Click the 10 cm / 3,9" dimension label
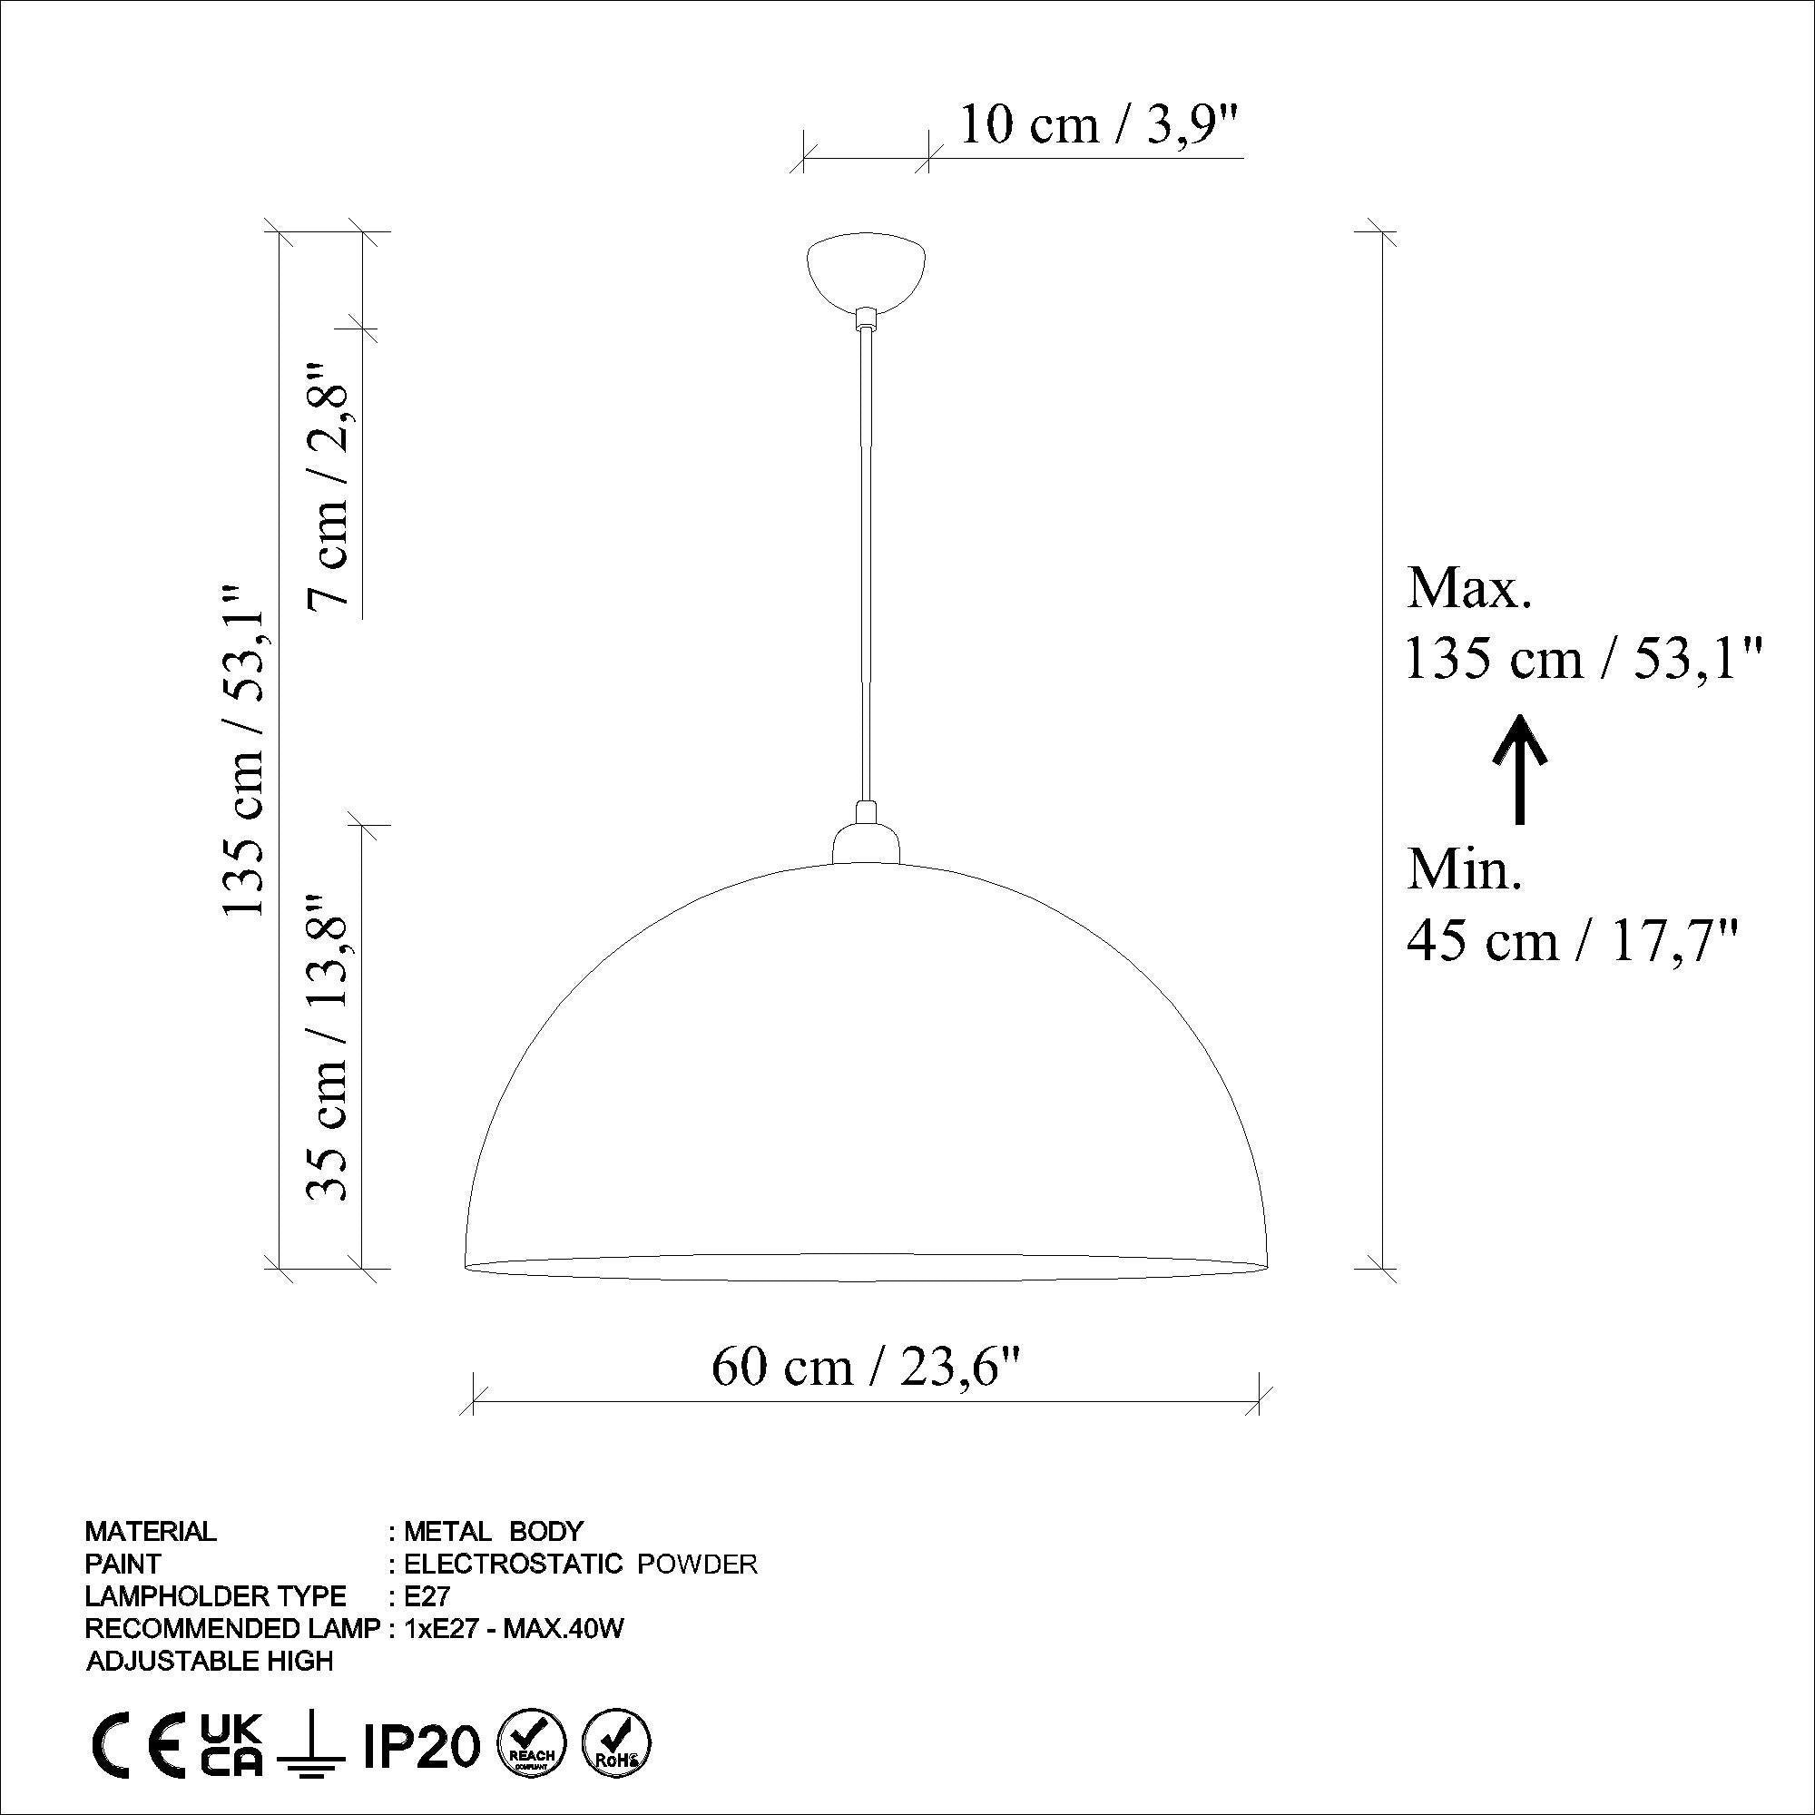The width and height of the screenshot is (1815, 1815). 1100,125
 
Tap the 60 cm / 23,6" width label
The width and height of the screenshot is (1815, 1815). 865,1368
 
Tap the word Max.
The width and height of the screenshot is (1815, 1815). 1468,591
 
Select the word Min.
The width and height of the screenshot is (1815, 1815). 1463,869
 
